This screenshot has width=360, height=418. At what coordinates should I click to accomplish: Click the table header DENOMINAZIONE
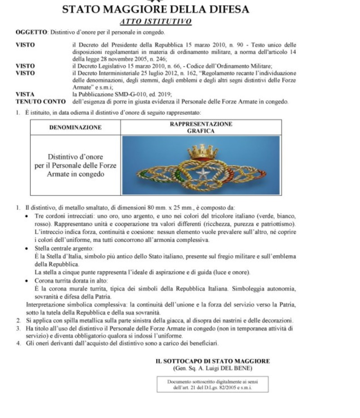[75, 127]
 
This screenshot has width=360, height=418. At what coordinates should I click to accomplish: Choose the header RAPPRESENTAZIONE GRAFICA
[201, 127]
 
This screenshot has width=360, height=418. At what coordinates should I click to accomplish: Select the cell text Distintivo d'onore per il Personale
[75, 165]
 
